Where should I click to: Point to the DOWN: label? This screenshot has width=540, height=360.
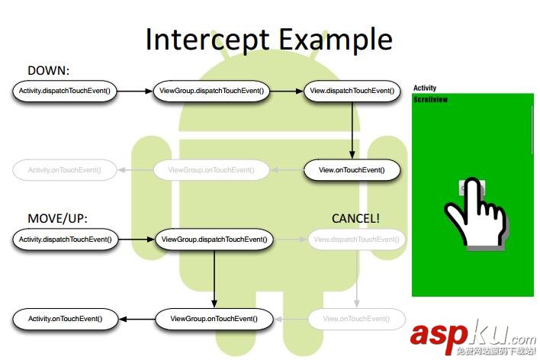point(48,70)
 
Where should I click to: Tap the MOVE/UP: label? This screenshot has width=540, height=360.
point(58,219)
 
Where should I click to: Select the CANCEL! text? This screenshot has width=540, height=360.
point(355,219)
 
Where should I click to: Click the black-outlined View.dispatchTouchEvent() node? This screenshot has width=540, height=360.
point(352,92)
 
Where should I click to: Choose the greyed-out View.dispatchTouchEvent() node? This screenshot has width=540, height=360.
point(357,239)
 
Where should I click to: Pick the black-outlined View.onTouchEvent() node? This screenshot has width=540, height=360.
point(352,170)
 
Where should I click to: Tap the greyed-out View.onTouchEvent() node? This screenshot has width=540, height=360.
point(357,319)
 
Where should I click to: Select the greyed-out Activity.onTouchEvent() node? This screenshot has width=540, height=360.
point(64,170)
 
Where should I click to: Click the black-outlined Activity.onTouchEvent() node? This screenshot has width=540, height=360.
point(64,319)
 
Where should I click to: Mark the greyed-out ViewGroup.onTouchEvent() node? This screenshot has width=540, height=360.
point(211,170)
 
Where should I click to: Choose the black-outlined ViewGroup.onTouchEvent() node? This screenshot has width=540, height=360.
point(213,319)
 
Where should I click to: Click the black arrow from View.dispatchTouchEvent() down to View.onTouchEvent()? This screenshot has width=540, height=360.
point(352,130)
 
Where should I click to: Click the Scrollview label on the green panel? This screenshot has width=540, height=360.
point(431,100)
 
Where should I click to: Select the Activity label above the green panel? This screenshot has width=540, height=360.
point(425,88)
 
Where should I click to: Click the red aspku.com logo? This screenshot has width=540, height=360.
point(473,336)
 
